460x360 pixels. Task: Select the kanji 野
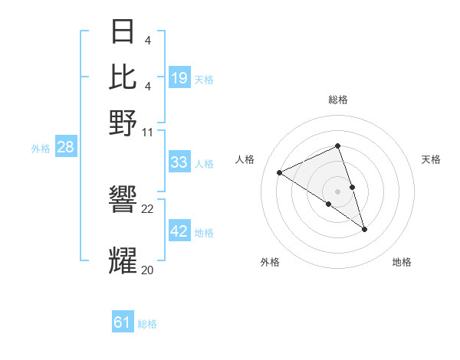click(123, 122)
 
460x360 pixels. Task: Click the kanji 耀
click(123, 261)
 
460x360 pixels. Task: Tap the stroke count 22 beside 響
click(148, 209)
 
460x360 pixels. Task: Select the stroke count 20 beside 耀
click(148, 270)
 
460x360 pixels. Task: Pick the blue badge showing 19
click(179, 78)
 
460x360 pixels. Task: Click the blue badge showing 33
click(179, 162)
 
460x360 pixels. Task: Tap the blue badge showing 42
click(179, 231)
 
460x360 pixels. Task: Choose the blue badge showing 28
click(65, 148)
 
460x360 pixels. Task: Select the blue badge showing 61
click(123, 322)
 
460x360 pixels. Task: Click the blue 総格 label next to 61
click(147, 324)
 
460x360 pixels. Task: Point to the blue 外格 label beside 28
click(41, 149)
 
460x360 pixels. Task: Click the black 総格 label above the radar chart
click(338, 100)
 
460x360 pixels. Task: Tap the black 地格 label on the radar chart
click(402, 263)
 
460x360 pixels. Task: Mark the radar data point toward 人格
click(280, 172)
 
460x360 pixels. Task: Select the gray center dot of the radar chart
click(338, 191)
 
